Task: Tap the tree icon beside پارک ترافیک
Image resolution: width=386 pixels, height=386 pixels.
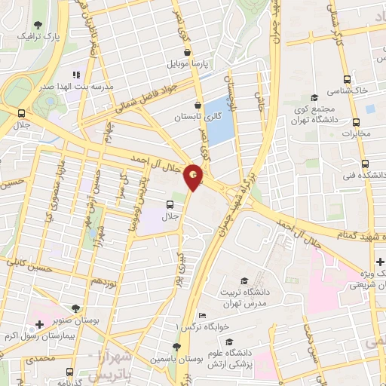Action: tap(38, 26)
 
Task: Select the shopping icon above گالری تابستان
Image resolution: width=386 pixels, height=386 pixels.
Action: tap(197, 106)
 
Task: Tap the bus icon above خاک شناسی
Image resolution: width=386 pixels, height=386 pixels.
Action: tap(347, 78)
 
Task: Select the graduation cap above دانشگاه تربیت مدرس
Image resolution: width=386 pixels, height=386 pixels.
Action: tap(243, 280)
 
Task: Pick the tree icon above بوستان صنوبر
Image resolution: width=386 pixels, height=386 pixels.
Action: tap(75, 308)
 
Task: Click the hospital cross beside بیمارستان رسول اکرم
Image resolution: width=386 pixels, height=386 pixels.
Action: tap(38, 323)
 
